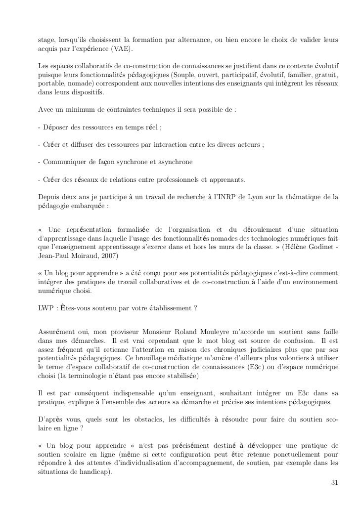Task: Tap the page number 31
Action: [x=335, y=483]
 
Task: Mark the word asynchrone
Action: [x=177, y=162]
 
